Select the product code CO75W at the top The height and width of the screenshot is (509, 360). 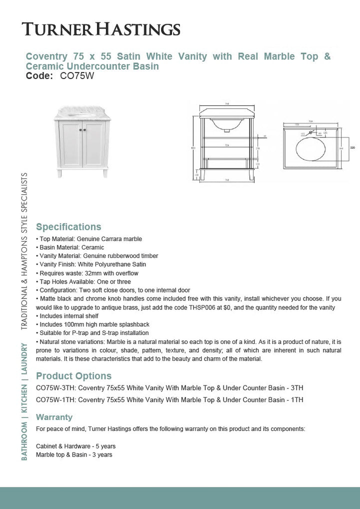[x=77, y=76]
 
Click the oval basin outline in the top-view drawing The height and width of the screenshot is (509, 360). [x=310, y=148]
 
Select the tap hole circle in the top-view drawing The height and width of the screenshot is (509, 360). [x=310, y=133]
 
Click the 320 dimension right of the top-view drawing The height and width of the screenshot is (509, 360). [x=352, y=148]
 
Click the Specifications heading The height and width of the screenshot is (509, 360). [x=68, y=227]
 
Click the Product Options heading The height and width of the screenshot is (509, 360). [x=73, y=376]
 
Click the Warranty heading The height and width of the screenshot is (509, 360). [x=54, y=417]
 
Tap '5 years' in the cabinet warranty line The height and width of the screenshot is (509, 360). [x=104, y=446]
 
